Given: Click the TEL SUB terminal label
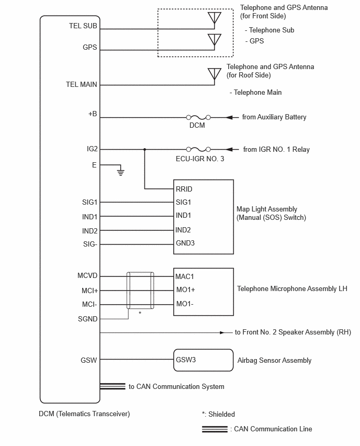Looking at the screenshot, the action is pyautogui.click(x=83, y=26).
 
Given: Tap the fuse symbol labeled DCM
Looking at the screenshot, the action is pyautogui.click(x=198, y=117).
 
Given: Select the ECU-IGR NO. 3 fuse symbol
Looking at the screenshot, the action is pyautogui.click(x=198, y=149).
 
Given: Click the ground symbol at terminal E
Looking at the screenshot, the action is pyautogui.click(x=121, y=172).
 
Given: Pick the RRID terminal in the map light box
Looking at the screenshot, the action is pyautogui.click(x=184, y=189).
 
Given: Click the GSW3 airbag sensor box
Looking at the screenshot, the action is pyautogui.click(x=204, y=360).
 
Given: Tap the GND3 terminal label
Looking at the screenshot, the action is pyautogui.click(x=185, y=243).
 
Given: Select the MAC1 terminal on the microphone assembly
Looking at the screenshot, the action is pyautogui.click(x=185, y=276).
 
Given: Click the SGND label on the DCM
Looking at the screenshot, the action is pyautogui.click(x=87, y=319).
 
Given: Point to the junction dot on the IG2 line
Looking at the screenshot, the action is pyautogui.click(x=144, y=149).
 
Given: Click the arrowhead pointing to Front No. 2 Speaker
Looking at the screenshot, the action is pyautogui.click(x=222, y=332).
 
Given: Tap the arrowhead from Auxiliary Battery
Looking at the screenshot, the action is pyautogui.click(x=230, y=117).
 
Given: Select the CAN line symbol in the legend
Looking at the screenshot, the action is pyautogui.click(x=215, y=429).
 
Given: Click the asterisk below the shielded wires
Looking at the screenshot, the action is pyautogui.click(x=140, y=313).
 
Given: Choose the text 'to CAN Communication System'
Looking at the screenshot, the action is pyautogui.click(x=176, y=386).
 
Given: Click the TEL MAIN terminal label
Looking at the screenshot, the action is pyautogui.click(x=82, y=84).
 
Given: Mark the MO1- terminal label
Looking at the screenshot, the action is pyautogui.click(x=185, y=304).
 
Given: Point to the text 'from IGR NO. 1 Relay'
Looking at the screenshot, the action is pyautogui.click(x=276, y=150).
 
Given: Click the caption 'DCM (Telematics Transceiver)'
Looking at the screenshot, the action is pyautogui.click(x=84, y=414).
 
